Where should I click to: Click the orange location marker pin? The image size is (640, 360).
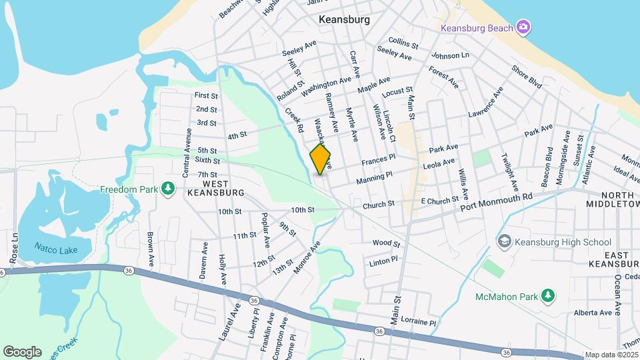click(x=320, y=159)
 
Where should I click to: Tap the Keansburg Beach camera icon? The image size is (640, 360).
click(x=524, y=27)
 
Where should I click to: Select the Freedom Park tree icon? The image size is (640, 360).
click(x=169, y=189)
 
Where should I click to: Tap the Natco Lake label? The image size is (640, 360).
click(x=56, y=250)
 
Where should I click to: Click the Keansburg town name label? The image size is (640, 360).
click(x=344, y=19)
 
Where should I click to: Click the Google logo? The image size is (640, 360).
click(x=22, y=351)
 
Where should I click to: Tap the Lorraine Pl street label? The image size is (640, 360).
click(x=413, y=323)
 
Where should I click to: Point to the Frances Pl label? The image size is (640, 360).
click(x=379, y=162)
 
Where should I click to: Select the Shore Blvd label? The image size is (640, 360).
click(x=527, y=77)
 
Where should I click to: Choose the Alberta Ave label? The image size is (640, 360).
click(x=592, y=313)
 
